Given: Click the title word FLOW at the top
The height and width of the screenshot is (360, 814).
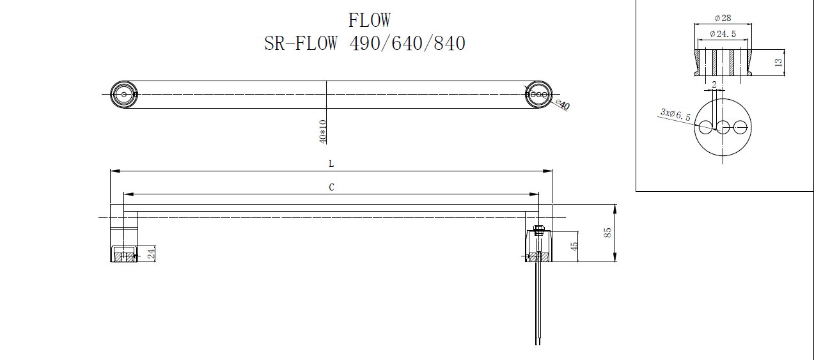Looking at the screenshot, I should pos(369,20).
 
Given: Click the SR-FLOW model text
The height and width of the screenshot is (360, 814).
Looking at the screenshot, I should pos(301,43).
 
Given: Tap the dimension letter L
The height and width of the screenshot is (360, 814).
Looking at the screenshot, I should pos(331,164).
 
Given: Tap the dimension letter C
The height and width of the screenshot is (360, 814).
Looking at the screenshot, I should pos(331,187).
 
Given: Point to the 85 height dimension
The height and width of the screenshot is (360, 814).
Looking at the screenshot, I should pos(608,233).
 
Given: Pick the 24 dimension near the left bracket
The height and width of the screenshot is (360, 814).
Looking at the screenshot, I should pos(151,254).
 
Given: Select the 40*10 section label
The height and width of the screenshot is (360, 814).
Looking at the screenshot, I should pos(322,131).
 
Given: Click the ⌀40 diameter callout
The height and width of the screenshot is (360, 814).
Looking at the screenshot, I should pos(563,105).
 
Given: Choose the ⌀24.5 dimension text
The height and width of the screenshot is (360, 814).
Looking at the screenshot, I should pos(723,34).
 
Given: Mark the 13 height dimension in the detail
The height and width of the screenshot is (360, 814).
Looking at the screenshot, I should pos(778,62).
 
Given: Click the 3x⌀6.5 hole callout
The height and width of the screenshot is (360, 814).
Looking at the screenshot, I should pos(675,114).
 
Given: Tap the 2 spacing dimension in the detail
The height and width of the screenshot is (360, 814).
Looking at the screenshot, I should pos(714,84).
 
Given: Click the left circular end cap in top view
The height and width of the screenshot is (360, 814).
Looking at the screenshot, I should pos(123,94).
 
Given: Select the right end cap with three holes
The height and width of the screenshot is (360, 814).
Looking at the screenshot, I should pos(538,94).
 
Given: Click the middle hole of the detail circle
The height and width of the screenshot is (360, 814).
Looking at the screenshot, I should pos(723,127).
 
